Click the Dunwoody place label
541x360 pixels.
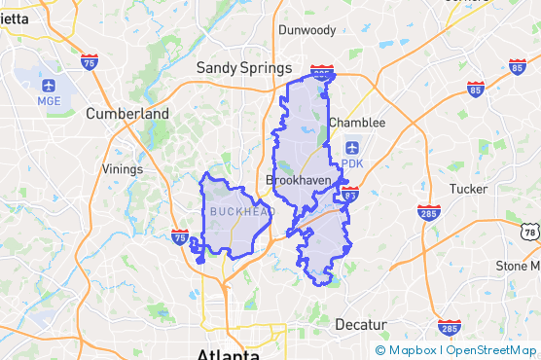point(307,30)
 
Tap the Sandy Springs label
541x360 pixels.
point(244,68)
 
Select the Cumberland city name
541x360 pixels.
point(127,113)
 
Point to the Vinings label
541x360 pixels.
point(122,168)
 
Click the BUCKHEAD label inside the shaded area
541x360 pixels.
point(237,211)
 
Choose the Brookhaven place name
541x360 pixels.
point(299,180)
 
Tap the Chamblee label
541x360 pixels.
point(357,123)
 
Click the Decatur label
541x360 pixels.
point(361,324)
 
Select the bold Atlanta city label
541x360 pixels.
point(228,352)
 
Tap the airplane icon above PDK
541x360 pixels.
point(352,148)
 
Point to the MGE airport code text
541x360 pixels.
point(49,100)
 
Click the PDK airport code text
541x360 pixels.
point(352,163)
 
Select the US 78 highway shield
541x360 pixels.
point(529,232)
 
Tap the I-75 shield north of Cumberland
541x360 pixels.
point(90,64)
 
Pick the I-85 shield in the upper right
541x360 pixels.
point(518,67)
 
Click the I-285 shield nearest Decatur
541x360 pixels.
point(449,327)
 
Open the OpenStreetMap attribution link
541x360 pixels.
point(491,350)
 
